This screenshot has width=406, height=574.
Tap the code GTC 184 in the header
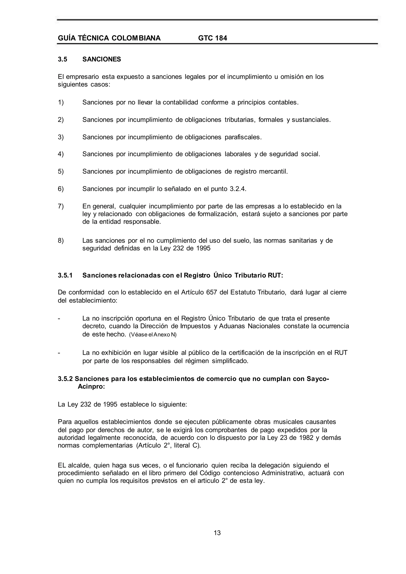tap(213, 38)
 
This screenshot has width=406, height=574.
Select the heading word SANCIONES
tap(101, 59)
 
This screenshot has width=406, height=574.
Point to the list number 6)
tap(61, 189)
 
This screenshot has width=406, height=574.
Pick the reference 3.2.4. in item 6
tap(238, 189)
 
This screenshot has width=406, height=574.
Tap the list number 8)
tap(61, 241)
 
